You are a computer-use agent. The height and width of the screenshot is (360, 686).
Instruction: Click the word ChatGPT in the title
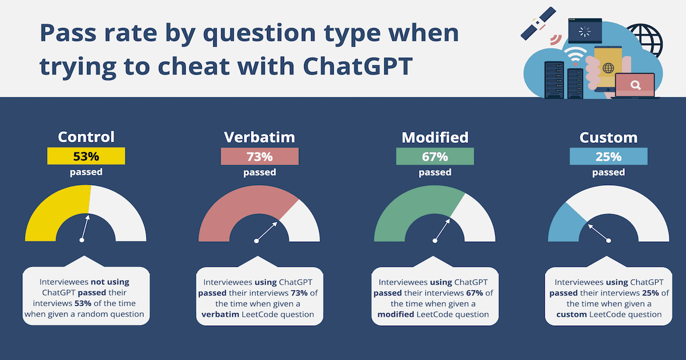[358, 66]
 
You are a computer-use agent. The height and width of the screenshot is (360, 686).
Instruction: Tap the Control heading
[86, 137]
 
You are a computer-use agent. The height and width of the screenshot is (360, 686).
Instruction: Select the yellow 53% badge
[86, 156]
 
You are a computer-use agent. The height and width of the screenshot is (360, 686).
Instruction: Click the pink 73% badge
[260, 157]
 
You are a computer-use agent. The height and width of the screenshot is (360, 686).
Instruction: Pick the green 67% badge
[435, 157]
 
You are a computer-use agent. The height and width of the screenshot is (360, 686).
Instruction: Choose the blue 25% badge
[608, 157]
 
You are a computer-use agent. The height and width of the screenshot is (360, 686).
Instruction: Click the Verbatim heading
[260, 137]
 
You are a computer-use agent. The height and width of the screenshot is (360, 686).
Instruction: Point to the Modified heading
[435, 137]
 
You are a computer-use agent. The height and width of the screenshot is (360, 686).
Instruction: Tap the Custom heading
[608, 138]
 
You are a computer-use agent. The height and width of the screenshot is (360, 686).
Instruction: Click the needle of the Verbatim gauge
[267, 231]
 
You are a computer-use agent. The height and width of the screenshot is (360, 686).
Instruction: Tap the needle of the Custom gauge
[599, 233]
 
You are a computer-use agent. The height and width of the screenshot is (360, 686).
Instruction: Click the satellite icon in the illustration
[539, 23]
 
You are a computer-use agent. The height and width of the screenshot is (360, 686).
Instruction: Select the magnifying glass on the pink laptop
[636, 85]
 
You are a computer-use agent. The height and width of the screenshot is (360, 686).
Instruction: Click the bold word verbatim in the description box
[220, 314]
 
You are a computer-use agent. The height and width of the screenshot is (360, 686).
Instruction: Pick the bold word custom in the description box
[572, 314]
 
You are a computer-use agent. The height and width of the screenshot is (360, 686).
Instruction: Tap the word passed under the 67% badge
[435, 173]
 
